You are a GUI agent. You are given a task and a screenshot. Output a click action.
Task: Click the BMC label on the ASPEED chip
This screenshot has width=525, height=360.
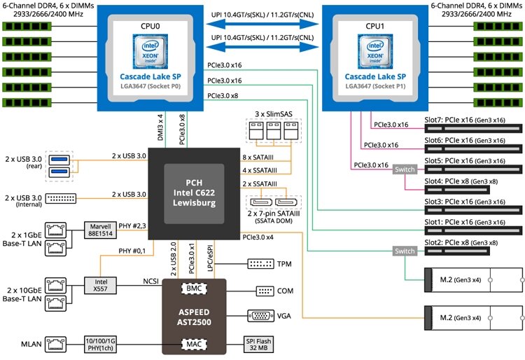(192, 288)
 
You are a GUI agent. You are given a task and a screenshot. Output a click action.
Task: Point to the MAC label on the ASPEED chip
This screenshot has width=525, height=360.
(192, 344)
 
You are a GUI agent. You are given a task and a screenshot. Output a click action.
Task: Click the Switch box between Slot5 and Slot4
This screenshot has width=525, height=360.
(405, 169)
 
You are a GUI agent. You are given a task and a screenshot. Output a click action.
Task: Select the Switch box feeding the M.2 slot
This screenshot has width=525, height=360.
(405, 251)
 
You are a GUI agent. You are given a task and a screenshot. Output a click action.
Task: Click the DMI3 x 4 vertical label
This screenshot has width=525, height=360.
(160, 125)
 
